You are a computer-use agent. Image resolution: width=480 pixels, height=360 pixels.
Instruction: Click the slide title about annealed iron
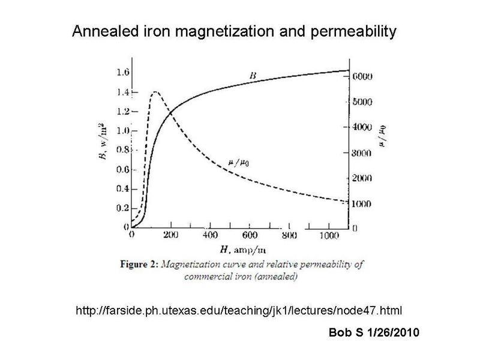pos(234,31)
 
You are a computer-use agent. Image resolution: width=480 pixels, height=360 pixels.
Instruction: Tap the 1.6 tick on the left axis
pos(123,73)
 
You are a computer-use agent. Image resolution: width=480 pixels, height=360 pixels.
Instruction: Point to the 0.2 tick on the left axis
pos(123,208)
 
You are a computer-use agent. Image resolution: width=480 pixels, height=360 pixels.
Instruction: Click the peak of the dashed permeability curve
pos(155,91)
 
